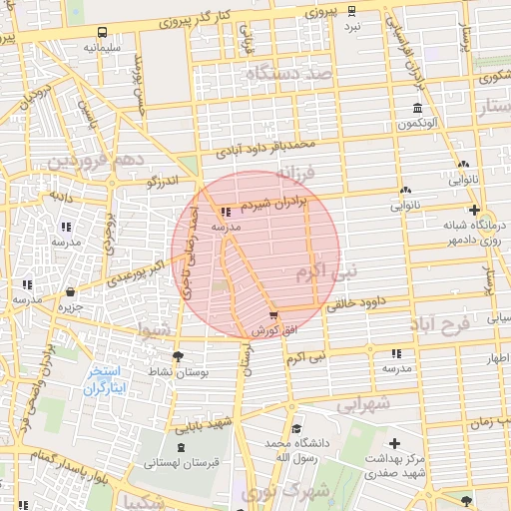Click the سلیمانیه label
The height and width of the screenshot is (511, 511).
[x=104, y=47]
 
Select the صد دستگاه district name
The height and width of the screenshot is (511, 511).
[x=291, y=73]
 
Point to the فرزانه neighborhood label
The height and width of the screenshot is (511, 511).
[x=295, y=178]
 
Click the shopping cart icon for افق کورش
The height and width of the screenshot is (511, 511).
[x=274, y=315]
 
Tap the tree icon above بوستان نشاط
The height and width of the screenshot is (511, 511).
[x=178, y=357]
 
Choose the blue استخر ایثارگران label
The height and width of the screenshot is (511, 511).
[x=105, y=378]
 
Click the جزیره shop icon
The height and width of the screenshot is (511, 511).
[x=71, y=292]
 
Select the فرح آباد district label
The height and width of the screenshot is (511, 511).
[x=438, y=325]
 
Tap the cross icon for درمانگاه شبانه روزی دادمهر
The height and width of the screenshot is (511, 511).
[x=474, y=210]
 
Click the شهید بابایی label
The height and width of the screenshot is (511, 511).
[x=205, y=423]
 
